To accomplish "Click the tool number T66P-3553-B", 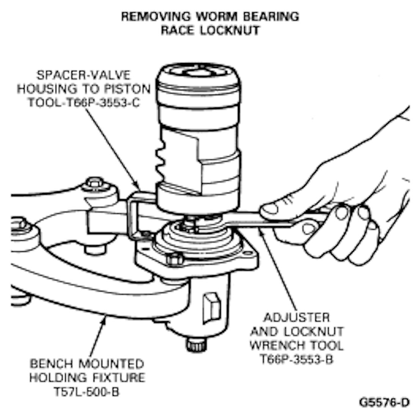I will pyautogui.click(x=297, y=359).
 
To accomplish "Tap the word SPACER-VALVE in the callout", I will pyautogui.click(x=83, y=75).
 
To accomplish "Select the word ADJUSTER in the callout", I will pyautogui.click(x=296, y=317).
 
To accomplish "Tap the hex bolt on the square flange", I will pyautogui.click(x=175, y=259).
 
